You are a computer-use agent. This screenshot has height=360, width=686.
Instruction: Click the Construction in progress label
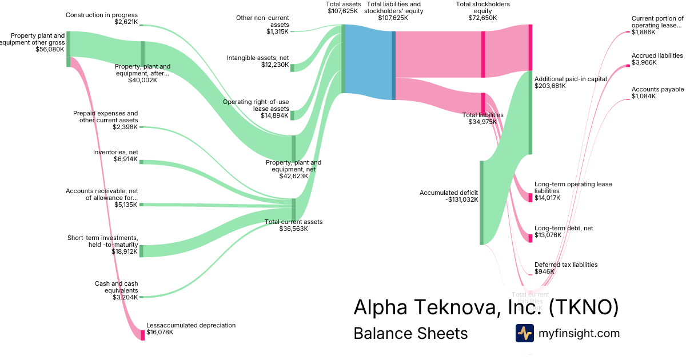102,15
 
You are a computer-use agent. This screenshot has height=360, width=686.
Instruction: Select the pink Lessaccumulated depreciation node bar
142,335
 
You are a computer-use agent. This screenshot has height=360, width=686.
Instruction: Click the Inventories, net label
115,152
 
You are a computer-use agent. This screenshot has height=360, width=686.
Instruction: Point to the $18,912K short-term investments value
125,251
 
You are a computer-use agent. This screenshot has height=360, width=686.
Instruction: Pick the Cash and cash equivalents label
116,287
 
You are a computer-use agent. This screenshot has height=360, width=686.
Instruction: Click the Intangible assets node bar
292,68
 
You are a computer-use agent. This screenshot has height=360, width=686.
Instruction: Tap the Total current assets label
294,222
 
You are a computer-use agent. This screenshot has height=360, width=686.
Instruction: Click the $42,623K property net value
293,176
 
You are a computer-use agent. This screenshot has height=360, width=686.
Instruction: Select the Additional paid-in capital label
570,79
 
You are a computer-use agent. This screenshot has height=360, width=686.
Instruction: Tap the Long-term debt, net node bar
531,238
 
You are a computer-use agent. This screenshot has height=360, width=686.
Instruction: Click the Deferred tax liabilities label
566,265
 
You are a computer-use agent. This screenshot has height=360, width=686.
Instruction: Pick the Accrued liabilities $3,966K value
644,62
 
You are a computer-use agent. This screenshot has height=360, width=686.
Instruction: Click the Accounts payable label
657,90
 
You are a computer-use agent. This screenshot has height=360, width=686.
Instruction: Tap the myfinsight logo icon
524,333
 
